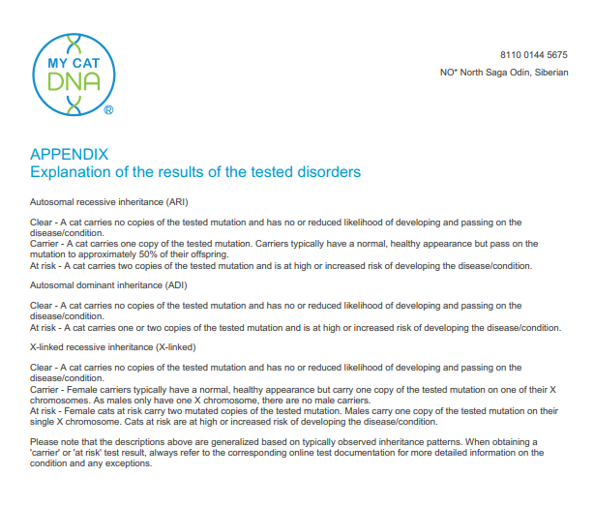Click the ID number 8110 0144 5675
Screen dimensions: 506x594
[533, 55]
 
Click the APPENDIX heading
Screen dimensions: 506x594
[70, 155]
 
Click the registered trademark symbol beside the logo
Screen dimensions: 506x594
[108, 111]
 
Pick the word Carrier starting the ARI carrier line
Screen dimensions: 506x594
[45, 244]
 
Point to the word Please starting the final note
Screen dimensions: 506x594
[44, 441]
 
